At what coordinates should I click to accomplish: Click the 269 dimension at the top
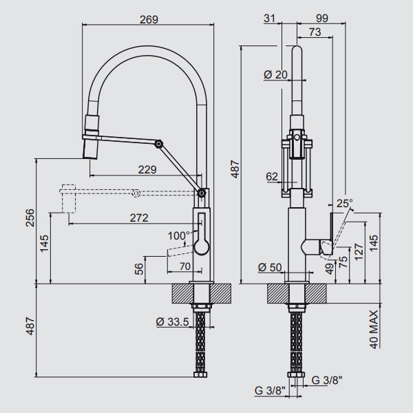tap(148, 20)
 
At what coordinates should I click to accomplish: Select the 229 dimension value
tap(147, 169)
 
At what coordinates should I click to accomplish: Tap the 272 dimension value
tap(139, 218)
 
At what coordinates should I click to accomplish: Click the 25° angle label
tap(344, 204)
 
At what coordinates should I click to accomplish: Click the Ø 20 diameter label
tap(276, 74)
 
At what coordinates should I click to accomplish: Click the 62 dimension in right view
tap(272, 177)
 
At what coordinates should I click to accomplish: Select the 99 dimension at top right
tap(320, 19)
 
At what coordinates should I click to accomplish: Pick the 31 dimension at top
tap(269, 19)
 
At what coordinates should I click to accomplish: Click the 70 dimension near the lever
tap(184, 266)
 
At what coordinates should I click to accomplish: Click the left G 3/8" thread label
tap(268, 391)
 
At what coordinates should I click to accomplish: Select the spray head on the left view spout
tap(92, 137)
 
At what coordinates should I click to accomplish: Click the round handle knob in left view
tap(200, 247)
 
